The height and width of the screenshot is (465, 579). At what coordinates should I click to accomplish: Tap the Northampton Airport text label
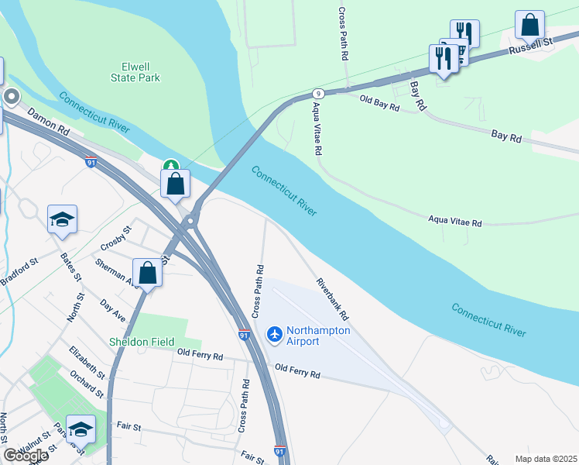pos(318,336)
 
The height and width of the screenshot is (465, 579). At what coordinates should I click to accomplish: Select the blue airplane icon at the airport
pos(274,334)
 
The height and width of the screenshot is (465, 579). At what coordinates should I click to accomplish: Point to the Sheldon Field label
pos(141,342)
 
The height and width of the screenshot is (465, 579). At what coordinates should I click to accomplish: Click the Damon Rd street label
pos(49,122)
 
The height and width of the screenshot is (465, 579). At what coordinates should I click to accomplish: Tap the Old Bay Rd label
pos(379,102)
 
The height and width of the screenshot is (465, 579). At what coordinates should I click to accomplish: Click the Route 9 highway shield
pos(318,92)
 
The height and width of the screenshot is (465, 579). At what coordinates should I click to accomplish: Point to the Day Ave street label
pos(113,310)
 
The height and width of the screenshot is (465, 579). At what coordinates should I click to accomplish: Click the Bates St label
pos(71,265)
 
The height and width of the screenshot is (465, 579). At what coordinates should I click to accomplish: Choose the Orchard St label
pos(87,383)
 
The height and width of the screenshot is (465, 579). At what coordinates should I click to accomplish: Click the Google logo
pos(25,455)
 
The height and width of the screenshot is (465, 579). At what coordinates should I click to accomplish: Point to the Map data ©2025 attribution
pos(545,459)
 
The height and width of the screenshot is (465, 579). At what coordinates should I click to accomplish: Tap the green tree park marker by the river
pos(170,165)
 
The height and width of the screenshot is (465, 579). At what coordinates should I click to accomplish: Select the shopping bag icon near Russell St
pos(529,25)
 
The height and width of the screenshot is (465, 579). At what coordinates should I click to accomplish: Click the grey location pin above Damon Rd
pos(11,97)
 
